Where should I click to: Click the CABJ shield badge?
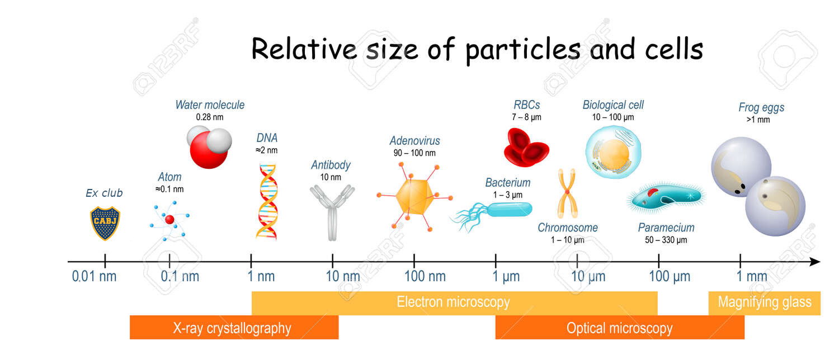click(105, 223)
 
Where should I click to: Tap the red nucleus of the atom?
click(169, 220)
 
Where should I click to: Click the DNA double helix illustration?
click(267, 201)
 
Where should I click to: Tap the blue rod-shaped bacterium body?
click(510, 210)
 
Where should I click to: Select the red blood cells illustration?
click(526, 148)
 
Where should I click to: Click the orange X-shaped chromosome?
click(567, 193)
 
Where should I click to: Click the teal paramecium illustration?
click(666, 198)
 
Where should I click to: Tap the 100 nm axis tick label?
click(425, 277)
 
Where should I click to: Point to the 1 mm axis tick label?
click(752, 277)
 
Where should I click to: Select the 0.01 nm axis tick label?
click(94, 277)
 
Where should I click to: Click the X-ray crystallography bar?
click(234, 328)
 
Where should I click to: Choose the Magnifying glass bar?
click(765, 303)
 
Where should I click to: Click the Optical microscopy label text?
click(620, 328)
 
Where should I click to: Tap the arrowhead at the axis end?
click(815, 262)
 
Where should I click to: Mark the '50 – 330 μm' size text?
click(666, 240)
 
